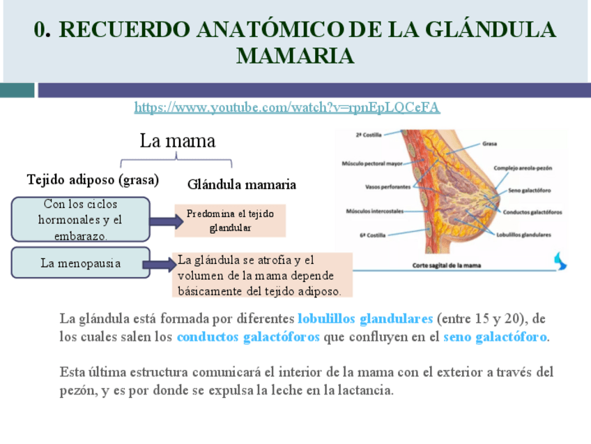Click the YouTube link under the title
tap(286, 108)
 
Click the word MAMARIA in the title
tap(295, 56)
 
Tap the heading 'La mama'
tap(177, 141)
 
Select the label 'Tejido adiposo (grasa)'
tap(93, 179)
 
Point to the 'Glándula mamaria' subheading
tap(242, 185)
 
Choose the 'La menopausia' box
tap(81, 263)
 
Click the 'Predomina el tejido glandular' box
tap(230, 221)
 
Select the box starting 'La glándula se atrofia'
tap(263, 275)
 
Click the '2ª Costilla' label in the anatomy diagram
tap(368, 134)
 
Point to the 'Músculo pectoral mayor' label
tap(373, 164)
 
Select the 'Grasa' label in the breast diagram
tap(489, 144)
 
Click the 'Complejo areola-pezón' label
tap(523, 168)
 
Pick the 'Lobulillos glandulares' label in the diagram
tap(523, 235)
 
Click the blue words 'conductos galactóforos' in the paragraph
tap(248, 337)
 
